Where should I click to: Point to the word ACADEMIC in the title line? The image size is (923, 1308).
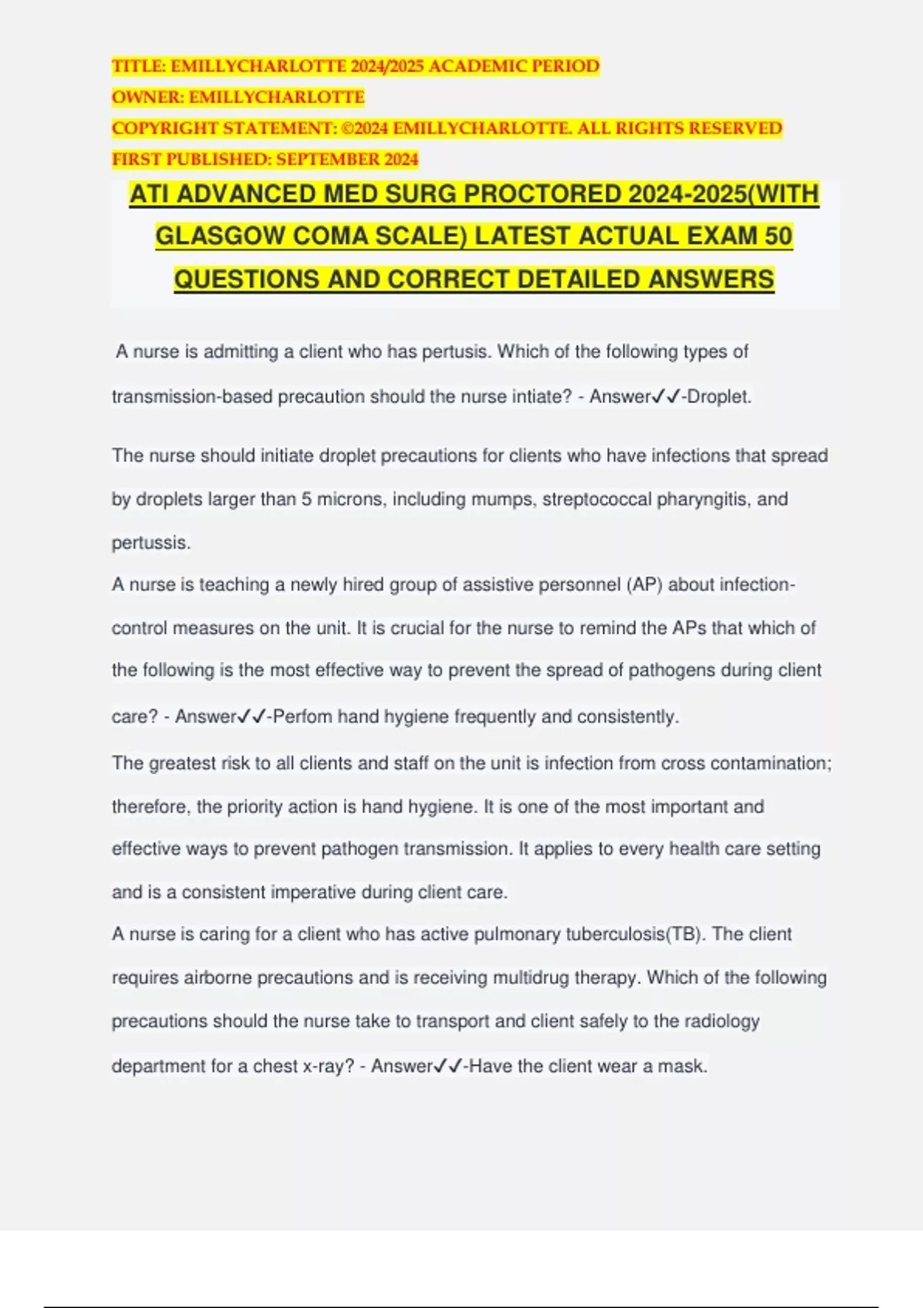(x=463, y=66)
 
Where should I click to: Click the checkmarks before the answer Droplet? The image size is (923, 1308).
(x=666, y=396)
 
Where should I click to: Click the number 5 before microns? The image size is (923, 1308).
(x=306, y=499)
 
